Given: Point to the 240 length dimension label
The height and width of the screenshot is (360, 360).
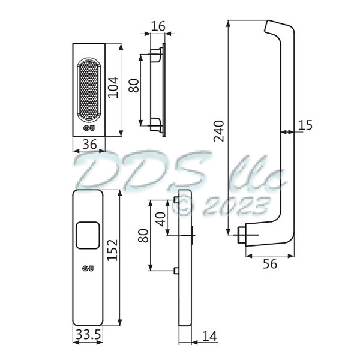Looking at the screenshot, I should click(x=219, y=130).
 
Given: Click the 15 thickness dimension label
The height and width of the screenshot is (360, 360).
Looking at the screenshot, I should click(x=305, y=125).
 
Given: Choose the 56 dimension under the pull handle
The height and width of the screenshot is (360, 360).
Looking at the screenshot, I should click(x=270, y=265).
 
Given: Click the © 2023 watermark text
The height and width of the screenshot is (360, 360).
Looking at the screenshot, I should click(x=221, y=206).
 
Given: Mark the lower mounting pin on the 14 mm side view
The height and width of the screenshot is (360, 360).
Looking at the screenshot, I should click(x=175, y=271).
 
